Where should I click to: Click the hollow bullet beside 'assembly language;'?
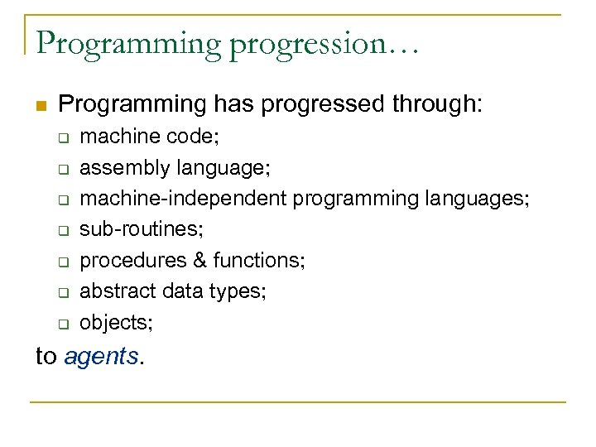63,168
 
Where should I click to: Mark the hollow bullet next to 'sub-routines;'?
63,230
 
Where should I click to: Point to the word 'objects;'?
116,322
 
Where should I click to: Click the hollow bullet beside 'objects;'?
63,323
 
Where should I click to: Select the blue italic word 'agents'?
101,358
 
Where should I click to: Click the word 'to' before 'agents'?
46,358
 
